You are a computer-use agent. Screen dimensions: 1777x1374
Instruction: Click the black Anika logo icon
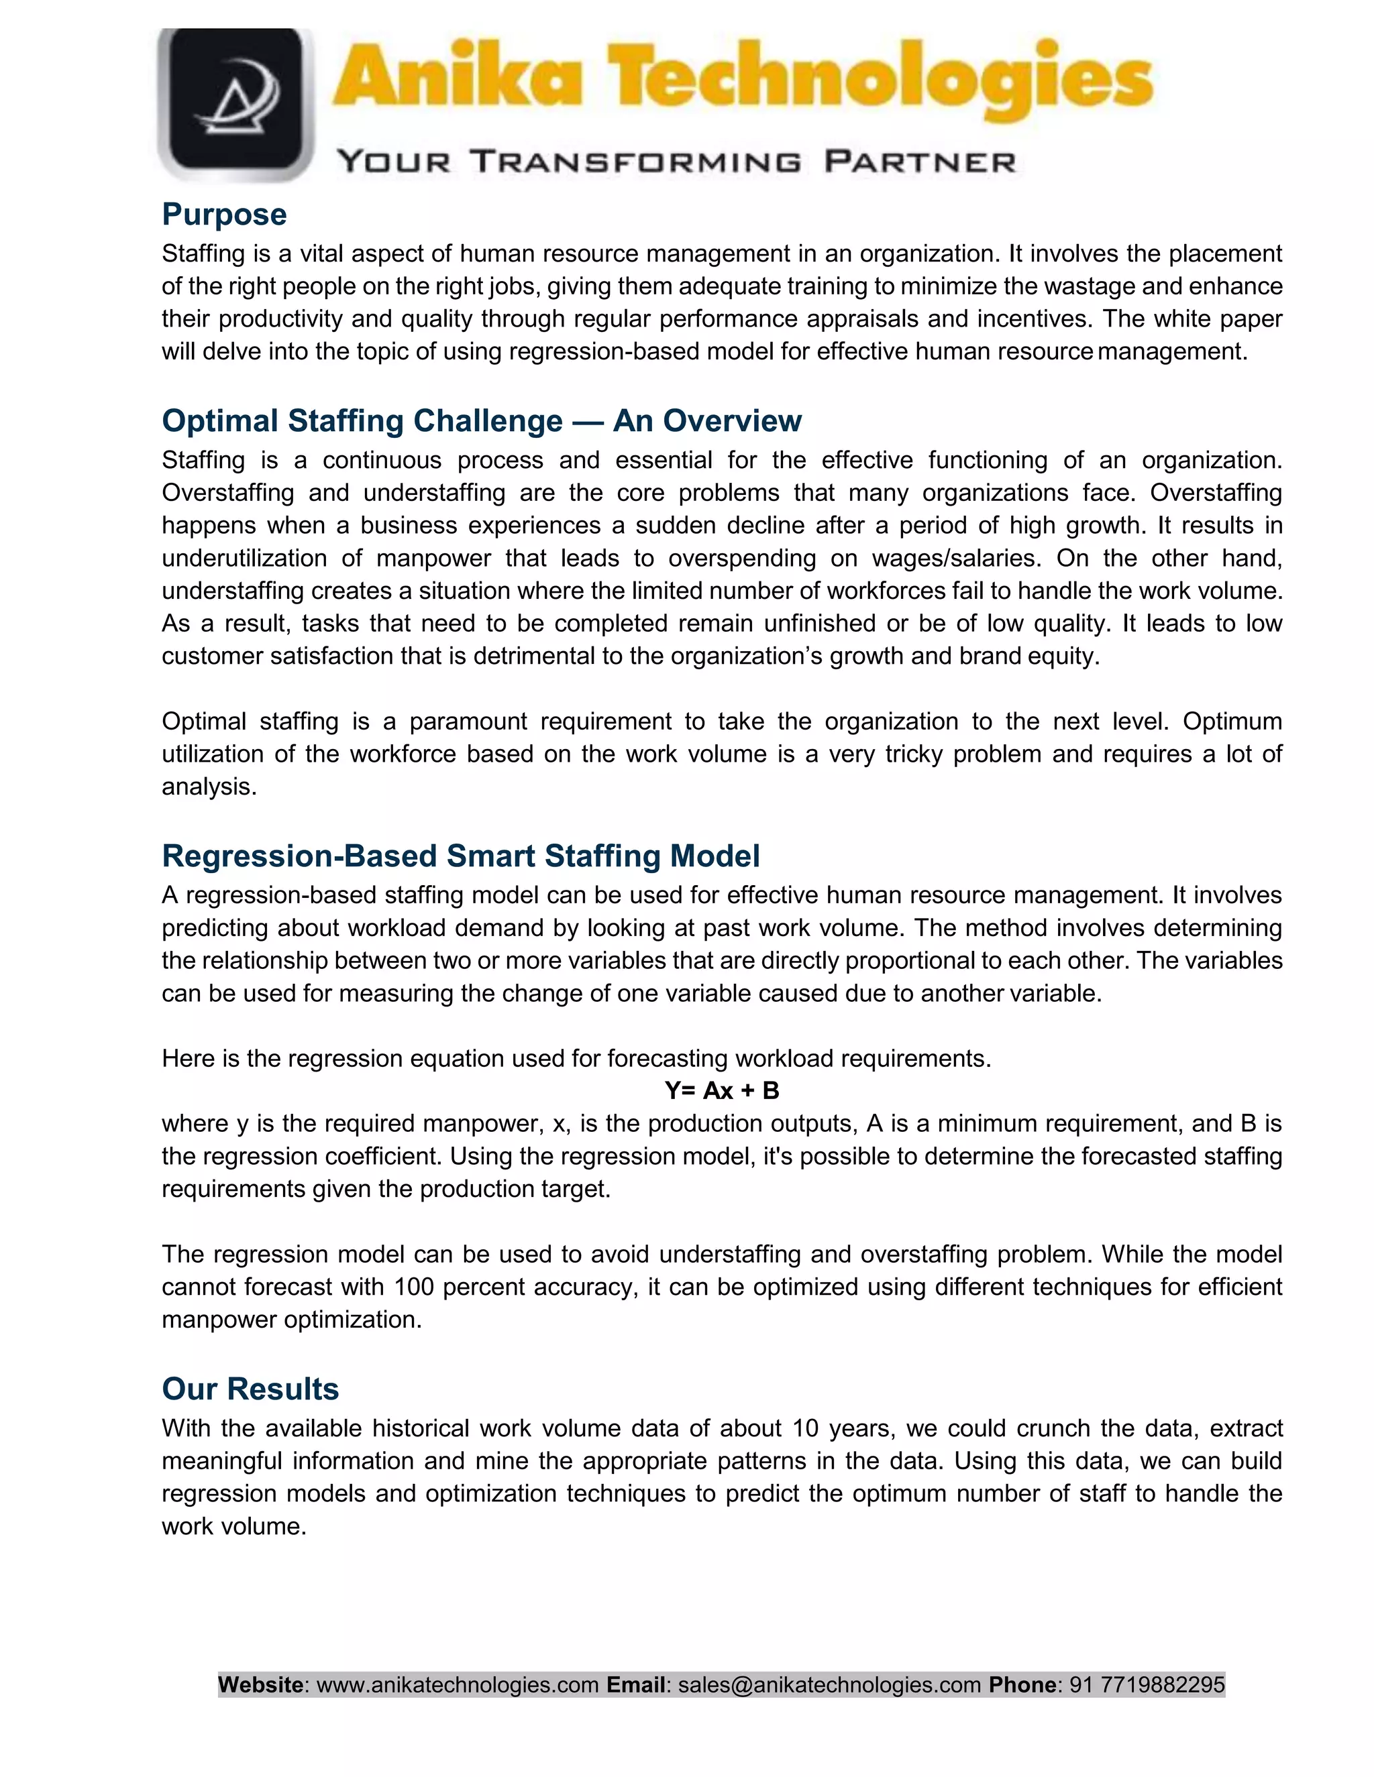click(236, 104)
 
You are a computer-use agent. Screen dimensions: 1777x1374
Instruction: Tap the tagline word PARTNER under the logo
click(920, 161)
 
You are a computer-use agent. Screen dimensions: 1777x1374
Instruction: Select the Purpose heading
click(224, 215)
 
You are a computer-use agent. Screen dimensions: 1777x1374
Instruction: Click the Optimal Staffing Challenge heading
click(481, 420)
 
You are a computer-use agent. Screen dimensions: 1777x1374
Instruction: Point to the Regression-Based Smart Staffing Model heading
click(461, 856)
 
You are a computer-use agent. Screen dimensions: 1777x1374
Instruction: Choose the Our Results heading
click(250, 1389)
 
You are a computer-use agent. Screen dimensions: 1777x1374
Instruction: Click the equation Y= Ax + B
click(721, 1090)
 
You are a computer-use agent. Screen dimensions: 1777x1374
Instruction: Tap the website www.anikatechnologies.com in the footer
click(458, 1684)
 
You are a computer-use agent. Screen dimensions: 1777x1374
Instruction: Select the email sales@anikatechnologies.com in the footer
click(829, 1684)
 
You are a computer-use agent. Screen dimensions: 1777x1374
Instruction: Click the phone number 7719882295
click(1163, 1684)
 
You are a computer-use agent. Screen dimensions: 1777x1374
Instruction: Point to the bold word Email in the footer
click(636, 1684)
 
